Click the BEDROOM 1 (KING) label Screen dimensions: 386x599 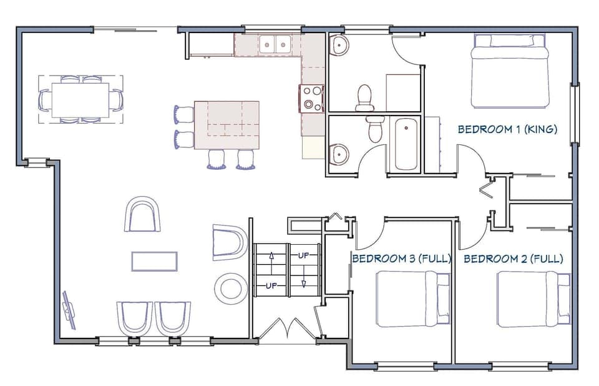click(507, 130)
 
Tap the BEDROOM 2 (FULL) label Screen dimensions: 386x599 click(514, 259)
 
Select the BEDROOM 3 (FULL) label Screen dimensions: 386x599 click(401, 259)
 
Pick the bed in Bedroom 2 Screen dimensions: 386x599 click(533, 299)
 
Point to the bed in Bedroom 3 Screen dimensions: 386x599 click(413, 299)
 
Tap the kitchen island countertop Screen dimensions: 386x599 click(226, 125)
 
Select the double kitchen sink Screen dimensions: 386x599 click(275, 44)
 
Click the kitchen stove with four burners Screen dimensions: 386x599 click(313, 99)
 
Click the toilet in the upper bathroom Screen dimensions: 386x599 click(365, 97)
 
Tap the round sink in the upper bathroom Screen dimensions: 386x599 click(339, 44)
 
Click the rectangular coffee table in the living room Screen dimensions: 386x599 click(154, 261)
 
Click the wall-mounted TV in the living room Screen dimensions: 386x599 click(68, 309)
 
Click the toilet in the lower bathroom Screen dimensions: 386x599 click(375, 130)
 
